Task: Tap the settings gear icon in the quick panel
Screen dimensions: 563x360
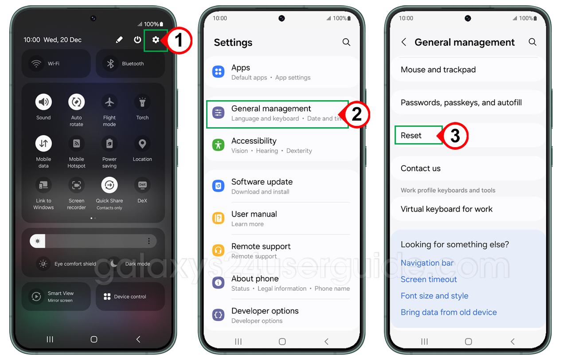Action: [x=156, y=40]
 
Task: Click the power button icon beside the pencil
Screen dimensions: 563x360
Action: [x=137, y=40]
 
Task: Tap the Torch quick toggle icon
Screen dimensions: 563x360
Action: [x=142, y=102]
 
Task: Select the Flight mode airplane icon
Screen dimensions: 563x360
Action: [x=109, y=102]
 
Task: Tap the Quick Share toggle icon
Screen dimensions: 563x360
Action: [x=109, y=185]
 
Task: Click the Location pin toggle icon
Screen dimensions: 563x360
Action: [x=142, y=144]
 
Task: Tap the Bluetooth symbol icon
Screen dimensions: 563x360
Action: [x=110, y=63]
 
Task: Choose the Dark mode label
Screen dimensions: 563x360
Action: [x=137, y=264]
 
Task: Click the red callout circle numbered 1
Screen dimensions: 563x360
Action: [x=179, y=40]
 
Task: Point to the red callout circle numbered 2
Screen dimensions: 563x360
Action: [x=357, y=114]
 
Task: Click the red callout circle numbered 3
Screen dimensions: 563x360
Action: [x=455, y=136]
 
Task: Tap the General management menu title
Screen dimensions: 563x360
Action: [x=271, y=109]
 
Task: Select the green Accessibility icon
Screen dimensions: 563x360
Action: [x=218, y=145]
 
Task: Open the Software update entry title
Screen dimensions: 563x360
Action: [x=262, y=182]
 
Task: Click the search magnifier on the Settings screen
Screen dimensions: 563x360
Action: [x=346, y=42]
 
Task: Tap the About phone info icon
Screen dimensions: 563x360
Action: [x=218, y=283]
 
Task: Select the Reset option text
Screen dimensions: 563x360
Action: [x=411, y=136]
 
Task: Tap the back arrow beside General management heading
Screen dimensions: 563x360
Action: [x=404, y=42]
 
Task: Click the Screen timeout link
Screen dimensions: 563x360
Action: [x=429, y=279]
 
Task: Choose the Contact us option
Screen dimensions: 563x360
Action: [x=421, y=168]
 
